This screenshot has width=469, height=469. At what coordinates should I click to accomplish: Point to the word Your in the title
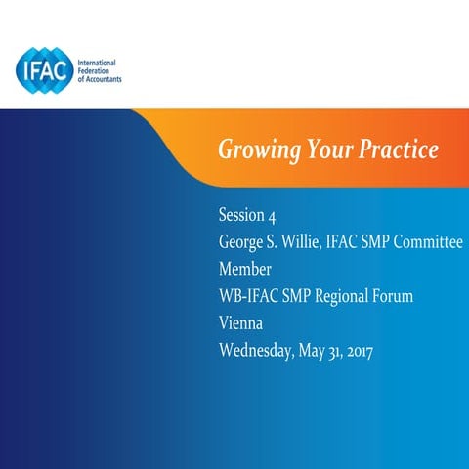click(323, 151)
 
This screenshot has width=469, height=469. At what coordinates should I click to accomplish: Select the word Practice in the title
click(395, 151)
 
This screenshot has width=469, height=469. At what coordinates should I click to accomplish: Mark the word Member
click(245, 268)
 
